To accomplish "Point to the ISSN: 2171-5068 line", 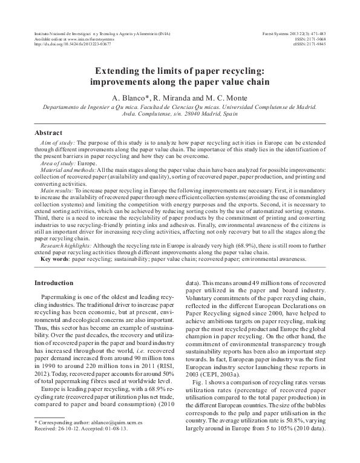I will click(311, 38).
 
